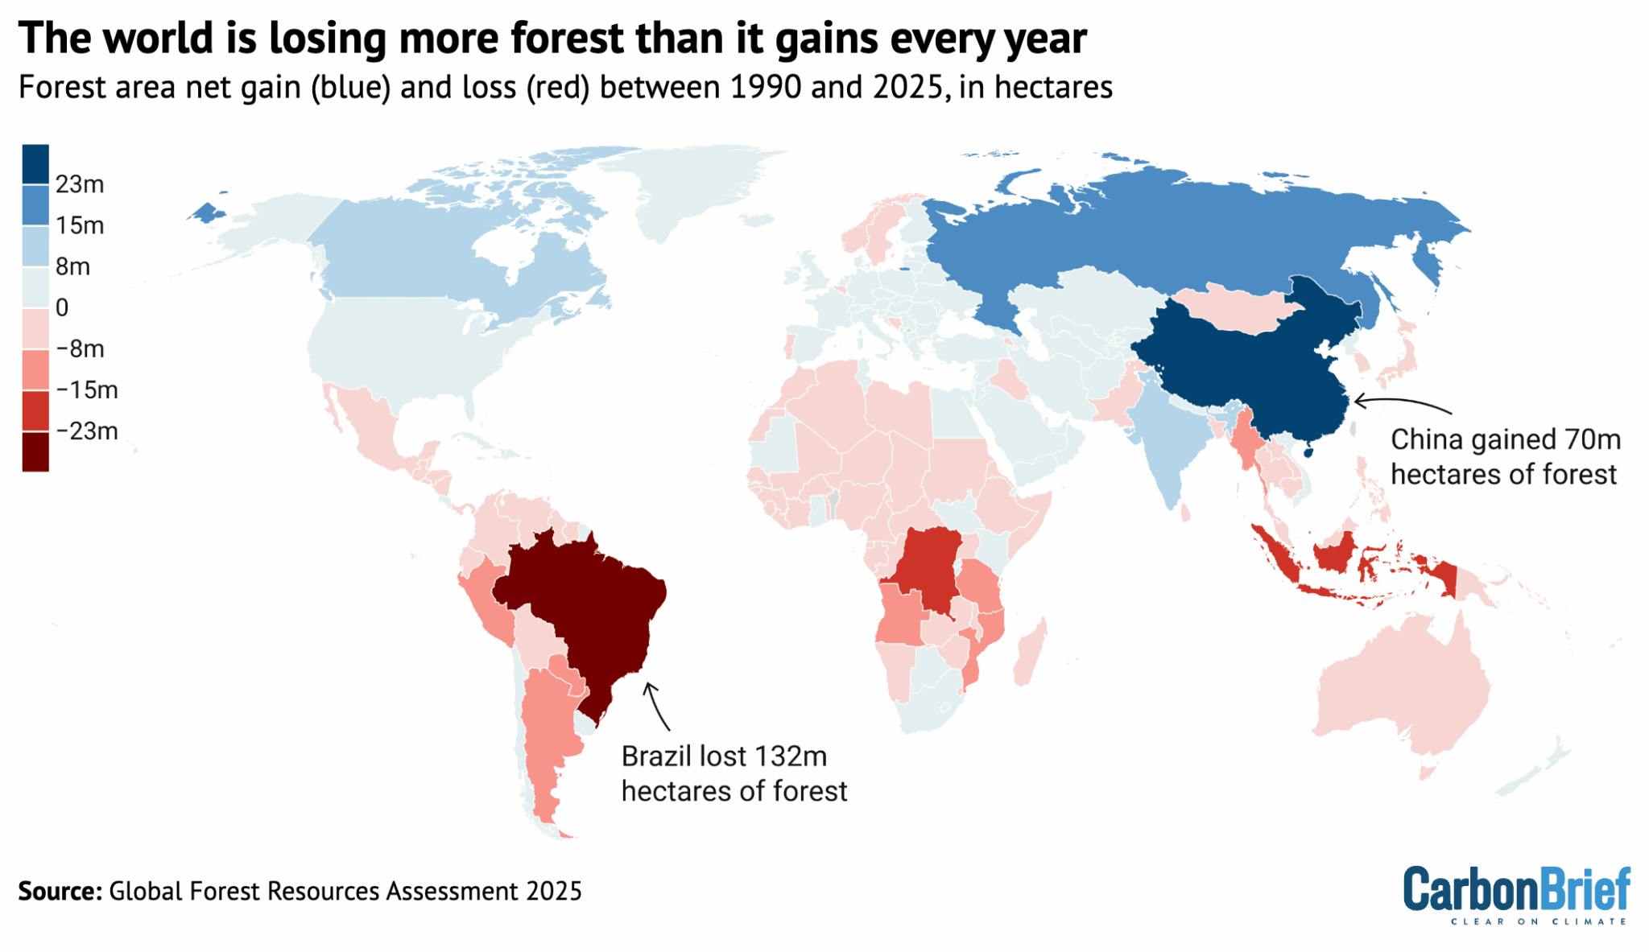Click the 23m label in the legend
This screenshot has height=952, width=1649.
pos(80,185)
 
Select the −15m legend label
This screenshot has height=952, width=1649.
pos(87,390)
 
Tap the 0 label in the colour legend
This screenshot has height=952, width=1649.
pos(62,307)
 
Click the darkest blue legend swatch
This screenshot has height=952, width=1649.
pos(35,163)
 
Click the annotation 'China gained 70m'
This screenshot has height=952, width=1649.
pos(1505,440)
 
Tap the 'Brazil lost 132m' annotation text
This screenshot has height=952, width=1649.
pos(724,757)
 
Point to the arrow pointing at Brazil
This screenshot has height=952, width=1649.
pos(656,704)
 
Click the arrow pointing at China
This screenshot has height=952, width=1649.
pos(1401,402)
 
